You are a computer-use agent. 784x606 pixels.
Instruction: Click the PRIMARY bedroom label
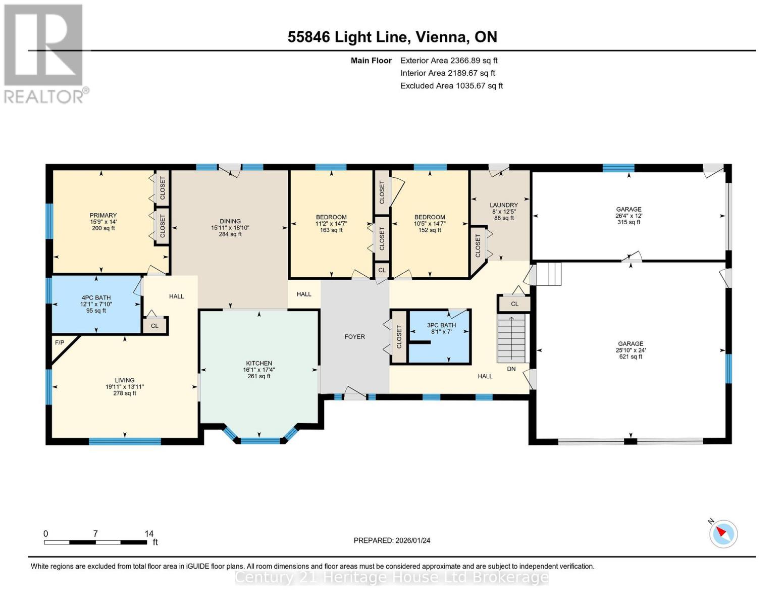103,216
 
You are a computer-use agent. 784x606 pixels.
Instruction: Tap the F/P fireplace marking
60,343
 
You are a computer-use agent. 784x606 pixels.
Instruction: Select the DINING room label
230,221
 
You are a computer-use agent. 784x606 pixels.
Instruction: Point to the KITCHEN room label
259,363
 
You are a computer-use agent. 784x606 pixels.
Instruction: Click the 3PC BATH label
441,326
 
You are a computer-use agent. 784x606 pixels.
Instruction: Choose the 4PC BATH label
96,298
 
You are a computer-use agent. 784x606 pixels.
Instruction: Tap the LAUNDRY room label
503,206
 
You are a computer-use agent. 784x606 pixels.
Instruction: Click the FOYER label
354,337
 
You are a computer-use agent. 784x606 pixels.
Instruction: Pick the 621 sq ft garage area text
631,357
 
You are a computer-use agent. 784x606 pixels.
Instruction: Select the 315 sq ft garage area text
629,222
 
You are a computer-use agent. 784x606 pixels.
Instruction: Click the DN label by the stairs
511,369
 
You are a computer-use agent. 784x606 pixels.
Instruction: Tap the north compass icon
723,533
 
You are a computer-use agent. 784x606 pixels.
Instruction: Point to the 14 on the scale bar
149,534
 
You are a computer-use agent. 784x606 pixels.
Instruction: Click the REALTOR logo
44,53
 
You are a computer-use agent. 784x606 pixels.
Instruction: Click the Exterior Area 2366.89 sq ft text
449,61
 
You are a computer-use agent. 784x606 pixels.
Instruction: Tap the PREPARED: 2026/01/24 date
392,540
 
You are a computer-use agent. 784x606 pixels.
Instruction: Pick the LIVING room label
124,380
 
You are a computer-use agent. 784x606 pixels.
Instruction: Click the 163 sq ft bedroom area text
331,230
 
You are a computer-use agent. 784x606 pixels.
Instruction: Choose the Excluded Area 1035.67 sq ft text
451,86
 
